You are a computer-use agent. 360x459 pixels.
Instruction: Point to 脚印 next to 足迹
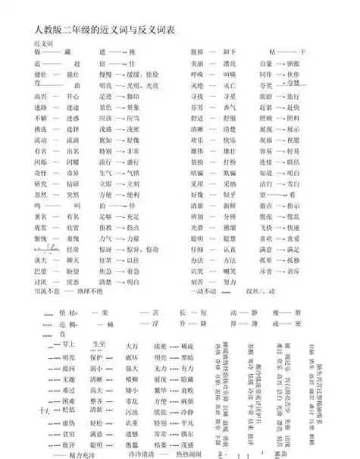(x=133, y=97)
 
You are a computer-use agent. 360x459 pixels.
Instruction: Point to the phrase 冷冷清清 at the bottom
(x=146, y=454)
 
